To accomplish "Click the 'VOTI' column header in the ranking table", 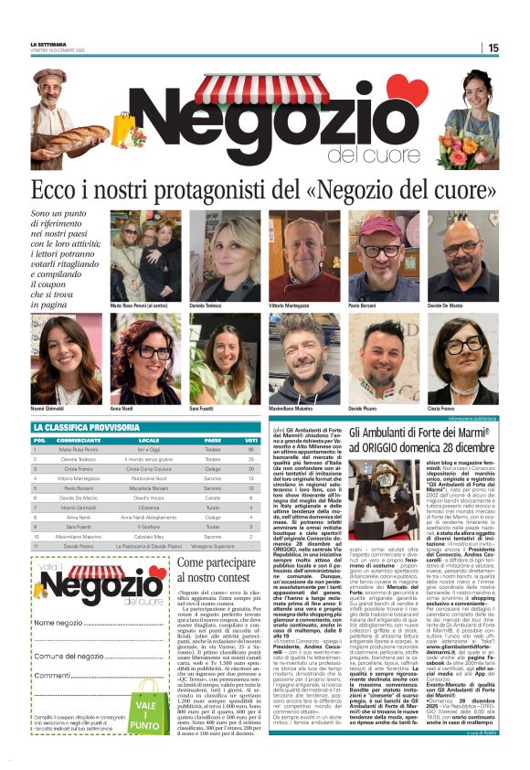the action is [251, 440].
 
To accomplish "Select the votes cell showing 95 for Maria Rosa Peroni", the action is [251, 450].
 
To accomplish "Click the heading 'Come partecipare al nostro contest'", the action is [216, 568].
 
